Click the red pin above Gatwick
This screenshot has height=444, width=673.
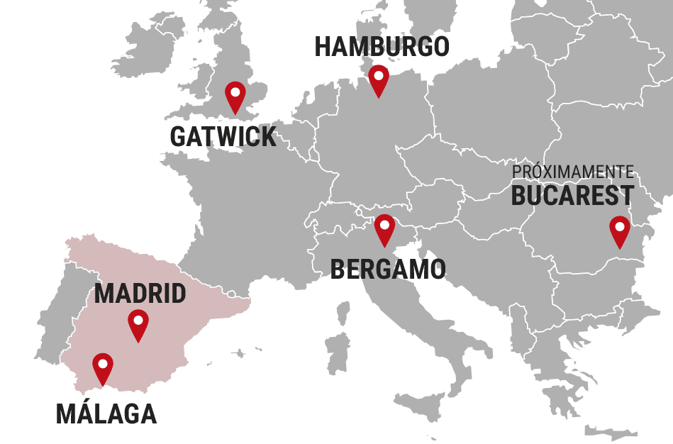click(235, 95)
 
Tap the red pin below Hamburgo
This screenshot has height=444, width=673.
click(379, 79)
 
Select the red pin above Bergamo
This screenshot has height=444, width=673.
click(384, 228)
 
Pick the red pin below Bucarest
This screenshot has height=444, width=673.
click(620, 230)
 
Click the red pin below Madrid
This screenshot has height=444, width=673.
click(138, 323)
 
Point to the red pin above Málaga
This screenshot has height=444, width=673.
click(103, 367)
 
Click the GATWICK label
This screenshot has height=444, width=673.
click(223, 137)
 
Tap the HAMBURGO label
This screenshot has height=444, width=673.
click(382, 48)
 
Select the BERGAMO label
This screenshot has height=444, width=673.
click(388, 270)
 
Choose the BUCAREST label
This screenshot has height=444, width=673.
click(572, 196)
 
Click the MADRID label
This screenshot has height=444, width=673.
click(140, 294)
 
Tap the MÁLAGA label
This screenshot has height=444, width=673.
click(106, 414)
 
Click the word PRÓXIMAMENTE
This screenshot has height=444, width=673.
click(573, 172)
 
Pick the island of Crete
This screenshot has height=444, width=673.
click(611, 431)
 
